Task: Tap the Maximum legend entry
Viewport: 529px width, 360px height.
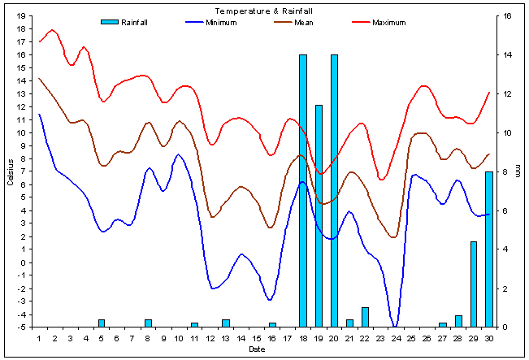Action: [388, 22]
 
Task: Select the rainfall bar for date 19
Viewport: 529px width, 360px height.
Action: [319, 215]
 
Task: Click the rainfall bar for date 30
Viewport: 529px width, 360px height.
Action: [489, 249]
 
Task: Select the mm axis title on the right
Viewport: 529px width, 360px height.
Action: [518, 171]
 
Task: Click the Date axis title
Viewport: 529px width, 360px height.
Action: [257, 349]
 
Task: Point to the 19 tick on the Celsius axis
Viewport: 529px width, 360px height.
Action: [21, 15]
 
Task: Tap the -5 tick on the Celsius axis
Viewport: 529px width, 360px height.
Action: [21, 327]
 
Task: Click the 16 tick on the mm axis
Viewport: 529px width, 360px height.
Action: [506, 15]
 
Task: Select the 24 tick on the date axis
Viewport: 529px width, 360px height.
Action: [396, 338]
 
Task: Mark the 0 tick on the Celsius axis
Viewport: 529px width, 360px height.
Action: [24, 262]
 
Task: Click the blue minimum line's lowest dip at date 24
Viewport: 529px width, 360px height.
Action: [396, 326]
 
